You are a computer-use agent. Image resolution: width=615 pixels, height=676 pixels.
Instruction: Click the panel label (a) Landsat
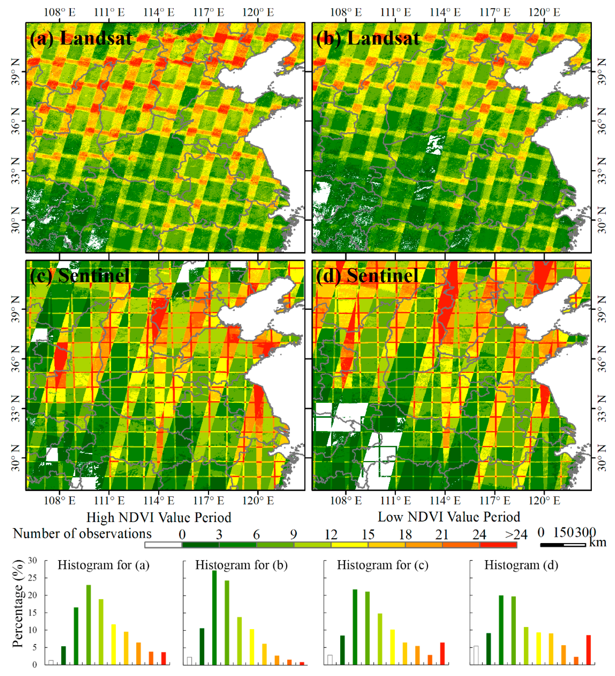pyautogui.click(x=81, y=38)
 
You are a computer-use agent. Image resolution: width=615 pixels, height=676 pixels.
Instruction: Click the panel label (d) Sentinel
pyautogui.click(x=367, y=276)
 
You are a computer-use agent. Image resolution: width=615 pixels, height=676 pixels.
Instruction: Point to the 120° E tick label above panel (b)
pyautogui.click(x=544, y=12)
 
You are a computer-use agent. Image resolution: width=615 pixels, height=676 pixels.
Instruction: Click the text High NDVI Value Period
pyautogui.click(x=159, y=517)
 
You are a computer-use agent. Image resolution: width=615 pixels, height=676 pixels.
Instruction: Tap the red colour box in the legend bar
pyautogui.click(x=498, y=545)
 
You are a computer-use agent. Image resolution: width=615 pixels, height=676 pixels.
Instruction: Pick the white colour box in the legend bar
pyautogui.click(x=163, y=545)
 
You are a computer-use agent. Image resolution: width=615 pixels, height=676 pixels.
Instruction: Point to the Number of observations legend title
pyautogui.click(x=82, y=533)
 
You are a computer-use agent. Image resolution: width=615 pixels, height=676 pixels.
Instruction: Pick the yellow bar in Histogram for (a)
pyautogui.click(x=114, y=644)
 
